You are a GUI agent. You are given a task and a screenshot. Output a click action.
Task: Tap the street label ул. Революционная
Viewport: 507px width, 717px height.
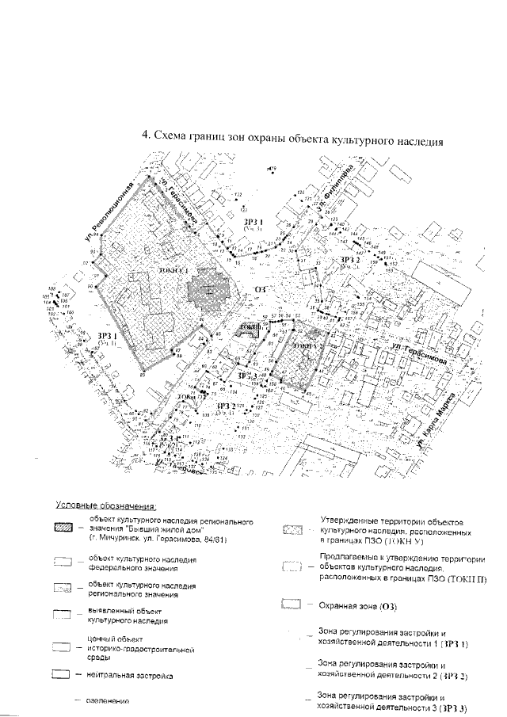click(x=112, y=211)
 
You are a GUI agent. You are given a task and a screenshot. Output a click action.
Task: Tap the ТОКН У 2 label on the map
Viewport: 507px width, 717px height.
click(x=306, y=347)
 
